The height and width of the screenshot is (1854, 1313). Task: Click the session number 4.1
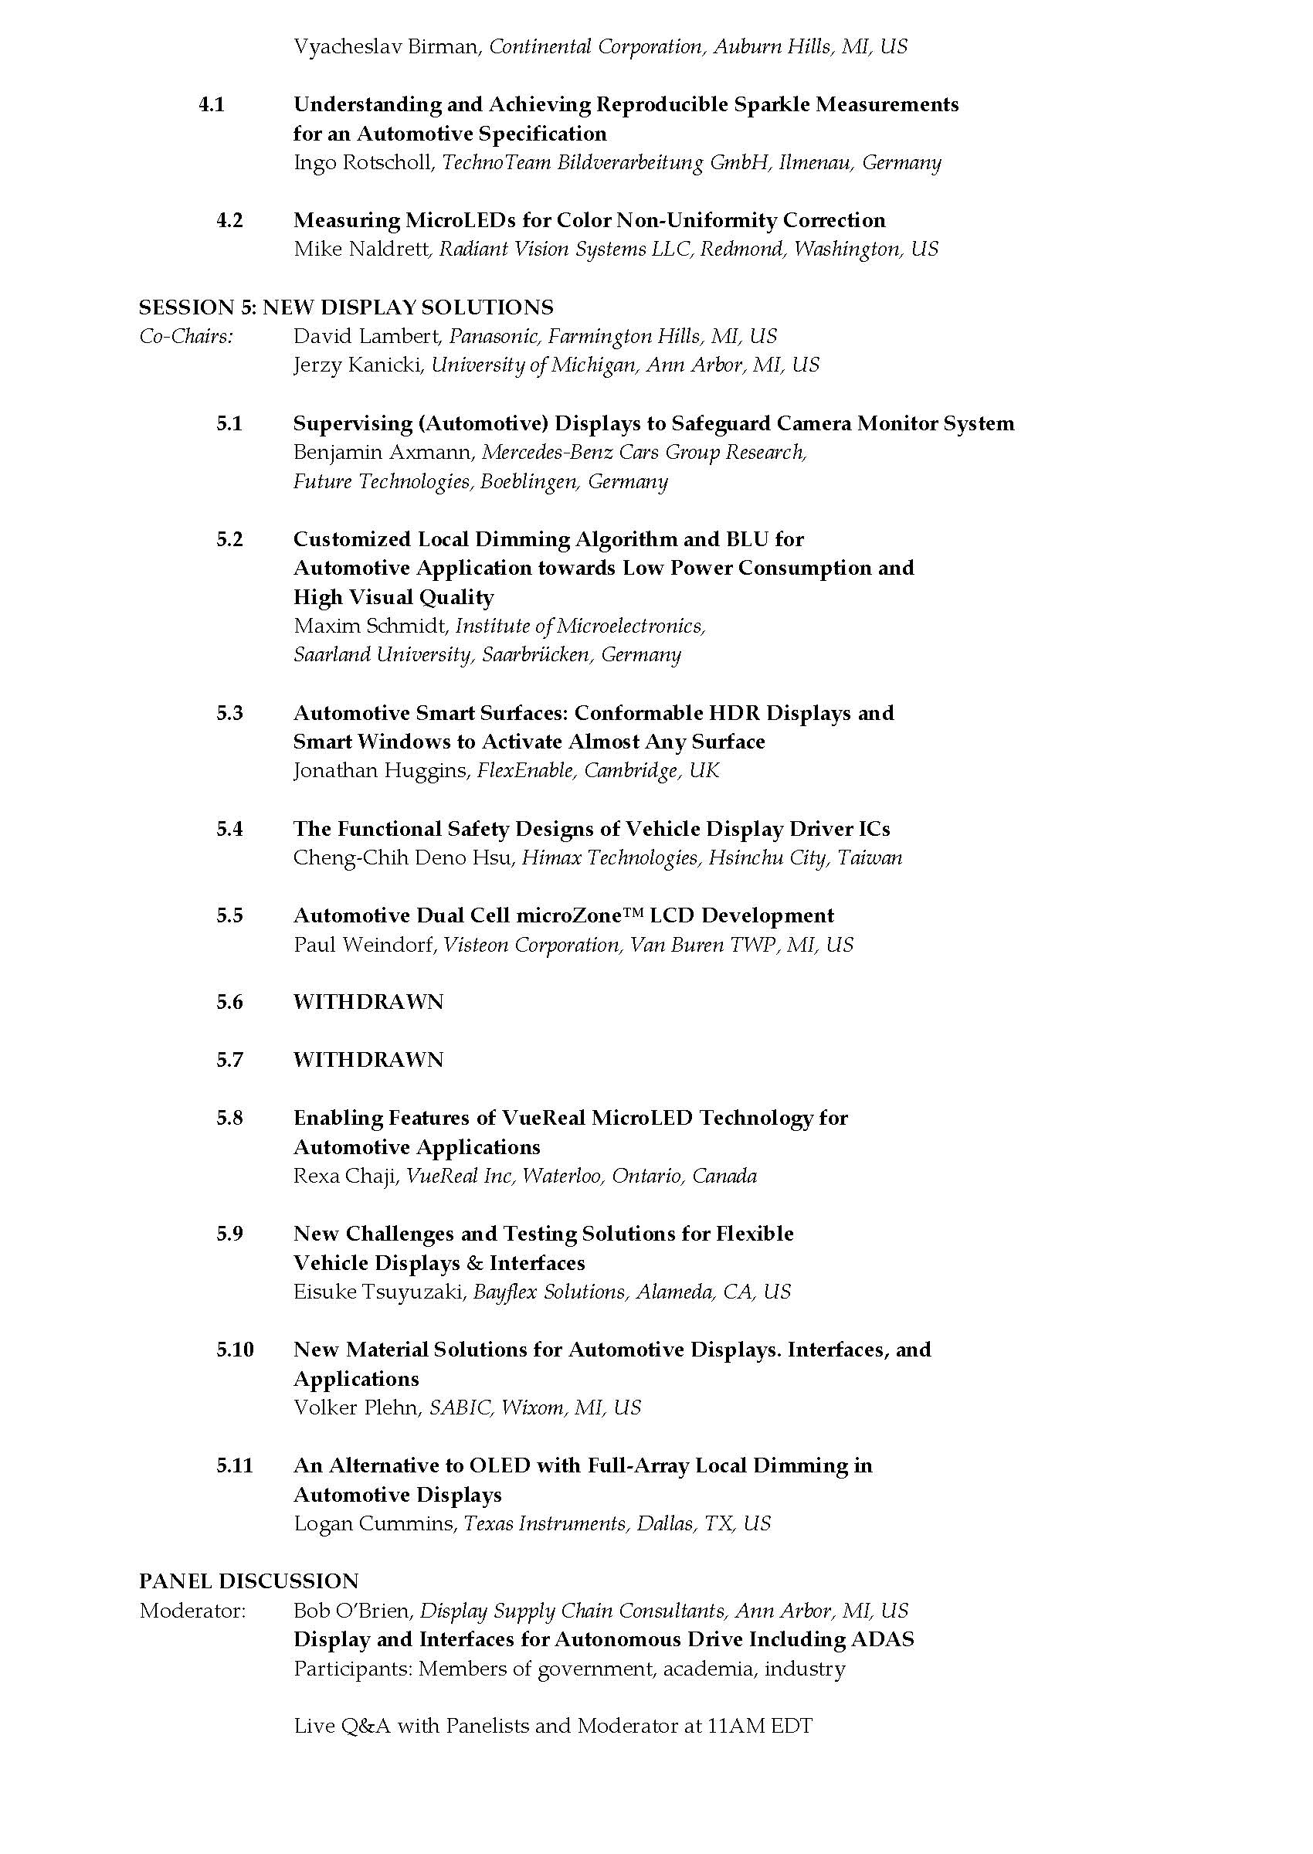[211, 104]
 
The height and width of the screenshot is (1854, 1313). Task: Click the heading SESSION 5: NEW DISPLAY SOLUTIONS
[346, 307]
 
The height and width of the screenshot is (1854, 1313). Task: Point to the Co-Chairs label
[186, 336]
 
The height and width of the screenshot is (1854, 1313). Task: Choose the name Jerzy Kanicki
[358, 365]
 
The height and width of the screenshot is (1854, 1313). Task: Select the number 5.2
[229, 539]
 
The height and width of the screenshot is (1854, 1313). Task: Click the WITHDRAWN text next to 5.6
[368, 1002]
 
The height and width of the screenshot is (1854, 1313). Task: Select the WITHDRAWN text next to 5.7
[368, 1060]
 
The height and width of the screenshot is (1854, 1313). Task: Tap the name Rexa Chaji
[345, 1176]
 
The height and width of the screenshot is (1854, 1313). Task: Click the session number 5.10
[235, 1350]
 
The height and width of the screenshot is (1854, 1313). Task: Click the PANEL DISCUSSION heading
[248, 1581]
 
